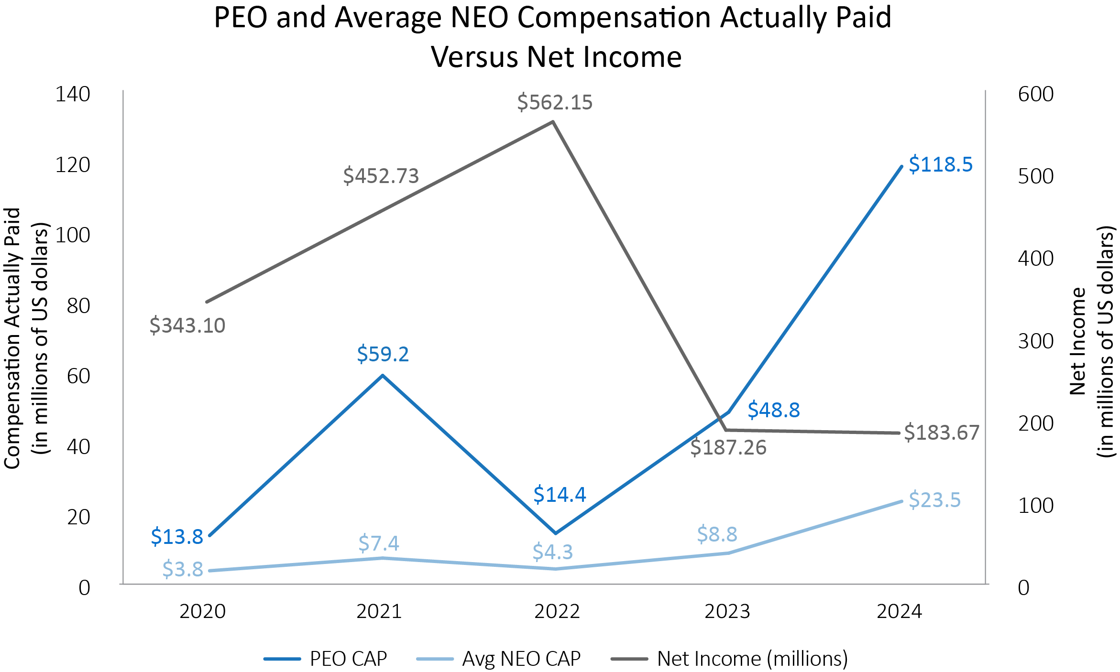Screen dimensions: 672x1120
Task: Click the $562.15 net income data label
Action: click(555, 103)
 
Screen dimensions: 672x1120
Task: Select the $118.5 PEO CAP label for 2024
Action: click(940, 164)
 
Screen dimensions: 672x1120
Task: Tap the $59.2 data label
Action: click(383, 354)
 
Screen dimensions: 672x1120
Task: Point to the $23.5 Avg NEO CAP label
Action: click(934, 500)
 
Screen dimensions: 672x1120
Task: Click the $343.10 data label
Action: click(187, 326)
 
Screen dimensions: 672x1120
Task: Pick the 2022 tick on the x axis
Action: click(557, 612)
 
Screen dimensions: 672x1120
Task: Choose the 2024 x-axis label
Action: click(899, 612)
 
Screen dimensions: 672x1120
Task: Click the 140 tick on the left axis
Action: click(73, 94)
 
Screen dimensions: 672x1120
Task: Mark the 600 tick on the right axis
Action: click(1035, 94)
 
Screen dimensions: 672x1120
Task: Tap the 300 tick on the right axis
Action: click(1035, 341)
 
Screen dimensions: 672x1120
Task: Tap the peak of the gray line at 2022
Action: click(553, 121)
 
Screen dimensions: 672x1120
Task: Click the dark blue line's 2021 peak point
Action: click(383, 375)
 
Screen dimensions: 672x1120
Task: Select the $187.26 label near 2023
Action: click(728, 448)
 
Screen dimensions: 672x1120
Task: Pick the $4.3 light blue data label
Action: click(552, 552)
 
